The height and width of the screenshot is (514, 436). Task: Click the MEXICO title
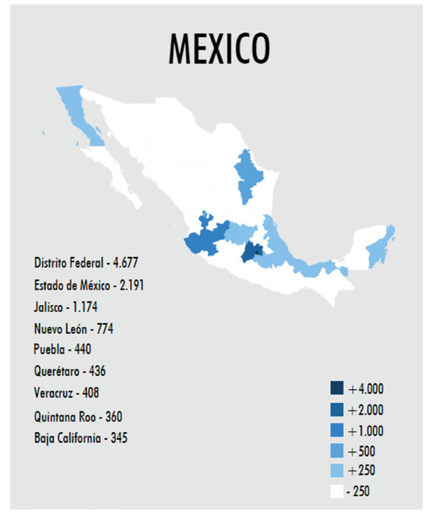[219, 48]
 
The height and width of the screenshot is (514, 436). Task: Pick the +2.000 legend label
[366, 409]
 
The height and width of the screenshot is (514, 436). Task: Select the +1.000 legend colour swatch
[336, 431]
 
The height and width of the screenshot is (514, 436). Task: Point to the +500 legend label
[361, 451]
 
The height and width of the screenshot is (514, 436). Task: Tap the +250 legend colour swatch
[336, 471]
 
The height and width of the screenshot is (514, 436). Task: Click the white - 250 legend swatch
[336, 491]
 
